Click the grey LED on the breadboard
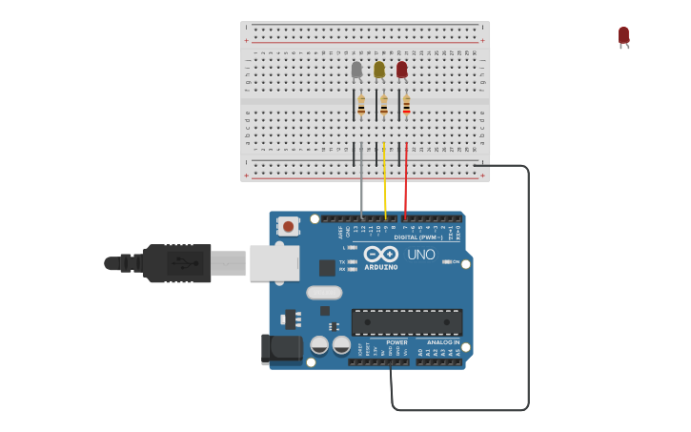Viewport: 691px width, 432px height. [356, 70]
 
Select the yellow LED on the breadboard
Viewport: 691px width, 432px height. [379, 70]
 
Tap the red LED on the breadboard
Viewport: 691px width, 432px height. [401, 70]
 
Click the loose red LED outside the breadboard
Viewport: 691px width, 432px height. [623, 36]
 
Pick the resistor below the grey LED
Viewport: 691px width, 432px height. [361, 105]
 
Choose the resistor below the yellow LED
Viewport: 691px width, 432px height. [384, 105]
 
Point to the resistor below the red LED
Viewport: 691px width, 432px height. [406, 105]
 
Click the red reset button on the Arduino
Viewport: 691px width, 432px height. [288, 227]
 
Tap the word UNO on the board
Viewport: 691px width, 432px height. [421, 255]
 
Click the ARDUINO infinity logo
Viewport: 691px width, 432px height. [380, 255]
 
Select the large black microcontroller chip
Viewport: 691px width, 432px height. [407, 321]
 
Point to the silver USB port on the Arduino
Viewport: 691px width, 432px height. [274, 263]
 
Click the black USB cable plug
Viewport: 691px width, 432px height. [176, 263]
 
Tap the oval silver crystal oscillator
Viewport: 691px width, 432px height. [324, 293]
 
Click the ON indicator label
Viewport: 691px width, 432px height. [455, 261]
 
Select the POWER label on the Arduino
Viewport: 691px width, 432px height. [396, 342]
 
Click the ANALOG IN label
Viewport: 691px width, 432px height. [442, 342]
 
